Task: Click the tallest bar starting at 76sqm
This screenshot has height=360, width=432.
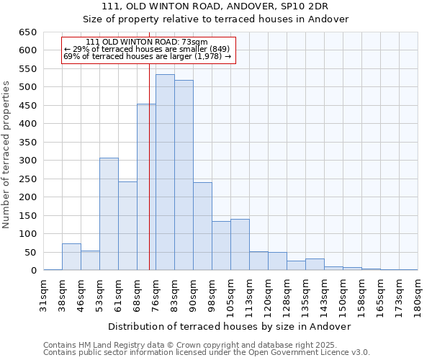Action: pos(165,173)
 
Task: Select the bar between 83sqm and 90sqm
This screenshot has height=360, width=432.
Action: pos(184,176)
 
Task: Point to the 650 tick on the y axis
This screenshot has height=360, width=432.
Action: pos(27,32)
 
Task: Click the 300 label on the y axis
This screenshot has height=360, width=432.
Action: pos(27,161)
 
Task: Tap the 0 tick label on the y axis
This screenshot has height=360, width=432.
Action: pos(33,271)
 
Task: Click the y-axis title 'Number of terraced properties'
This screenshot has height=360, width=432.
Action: pos(6,155)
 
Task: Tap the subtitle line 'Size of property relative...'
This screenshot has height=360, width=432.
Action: pos(216,19)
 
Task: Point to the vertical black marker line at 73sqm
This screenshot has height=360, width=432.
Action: pos(149,180)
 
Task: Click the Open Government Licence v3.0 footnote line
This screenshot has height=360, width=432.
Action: pos(207,353)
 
